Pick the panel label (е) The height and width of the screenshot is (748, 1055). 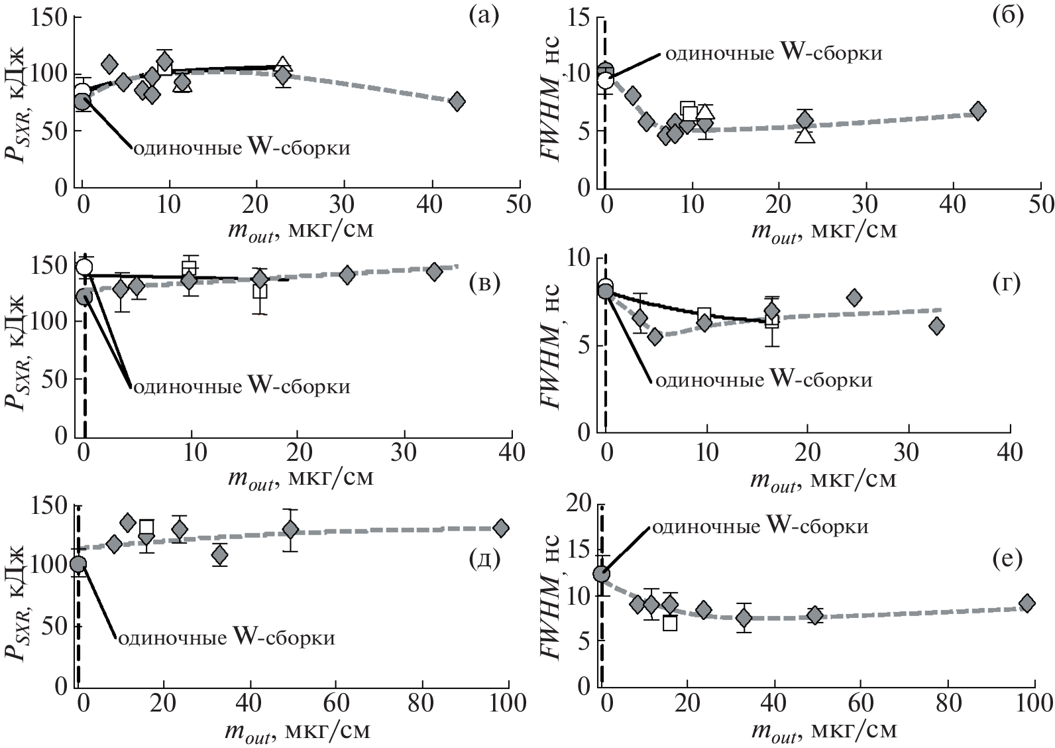pos(1005,558)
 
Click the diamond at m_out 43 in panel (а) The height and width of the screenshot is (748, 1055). pos(457,101)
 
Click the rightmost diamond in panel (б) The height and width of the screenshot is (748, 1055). pos(977,111)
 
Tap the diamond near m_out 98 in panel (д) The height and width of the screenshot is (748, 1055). pos(501,528)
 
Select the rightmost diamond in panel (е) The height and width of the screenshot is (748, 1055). pos(1027,603)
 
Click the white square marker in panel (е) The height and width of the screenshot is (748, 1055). pos(670,623)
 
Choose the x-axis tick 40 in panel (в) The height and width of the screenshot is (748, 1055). pos(510,452)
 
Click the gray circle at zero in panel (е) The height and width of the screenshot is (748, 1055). pos(601,574)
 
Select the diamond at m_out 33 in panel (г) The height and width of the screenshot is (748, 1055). pos(936,326)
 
